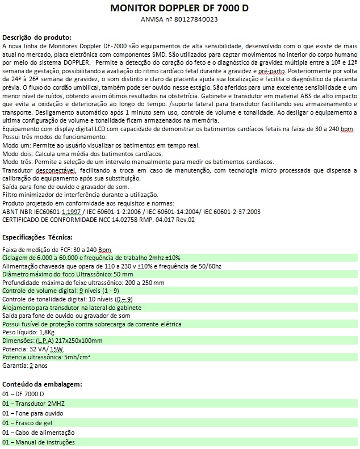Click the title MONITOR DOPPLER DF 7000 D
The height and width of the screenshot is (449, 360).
coord(179,9)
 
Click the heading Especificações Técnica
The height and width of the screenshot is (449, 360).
coord(38,237)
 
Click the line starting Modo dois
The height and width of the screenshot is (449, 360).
coord(83,154)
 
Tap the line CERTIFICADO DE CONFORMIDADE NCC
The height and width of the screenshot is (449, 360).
coord(99,220)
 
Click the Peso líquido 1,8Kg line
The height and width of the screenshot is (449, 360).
coord(28,332)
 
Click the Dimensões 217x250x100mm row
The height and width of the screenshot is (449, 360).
coord(53,341)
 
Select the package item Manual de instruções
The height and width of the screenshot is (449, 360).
coord(39,442)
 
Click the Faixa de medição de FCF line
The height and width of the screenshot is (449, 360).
coord(57,250)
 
